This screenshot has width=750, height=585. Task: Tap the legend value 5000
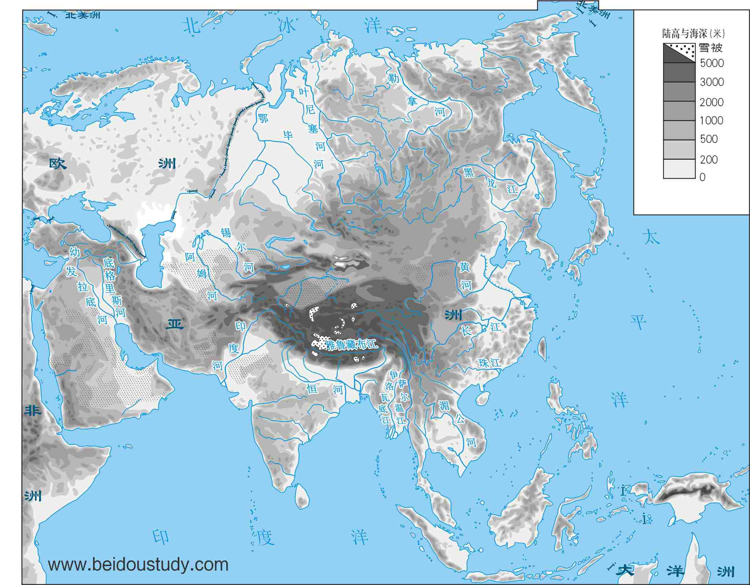tap(712, 63)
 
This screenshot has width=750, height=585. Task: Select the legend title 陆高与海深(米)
tap(693, 34)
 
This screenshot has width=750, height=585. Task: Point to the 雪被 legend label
tap(711, 48)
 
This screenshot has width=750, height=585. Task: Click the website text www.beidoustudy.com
tap(138, 564)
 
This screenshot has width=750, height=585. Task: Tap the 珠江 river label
tap(490, 362)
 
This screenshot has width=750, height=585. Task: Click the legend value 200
tap(709, 159)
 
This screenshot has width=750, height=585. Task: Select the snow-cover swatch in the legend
tap(679, 53)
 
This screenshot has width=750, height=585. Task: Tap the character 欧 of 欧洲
tap(57, 164)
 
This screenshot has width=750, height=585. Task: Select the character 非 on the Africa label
tap(33, 410)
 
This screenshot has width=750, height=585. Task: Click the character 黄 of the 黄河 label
tap(464, 267)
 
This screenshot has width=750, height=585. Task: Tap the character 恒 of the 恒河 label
tap(312, 389)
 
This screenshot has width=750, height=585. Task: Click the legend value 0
tap(702, 177)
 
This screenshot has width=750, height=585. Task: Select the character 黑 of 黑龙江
tap(469, 172)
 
